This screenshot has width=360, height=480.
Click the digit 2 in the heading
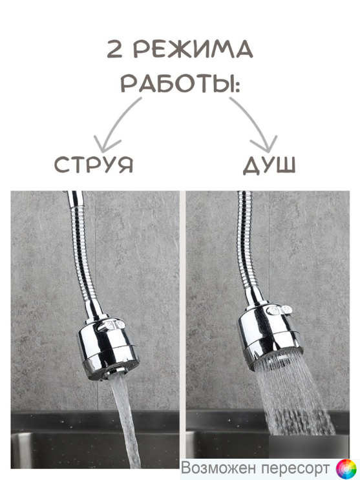pos(114,49)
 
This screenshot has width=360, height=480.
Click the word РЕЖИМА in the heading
pos(194,49)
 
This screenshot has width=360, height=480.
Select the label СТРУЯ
pos(94,165)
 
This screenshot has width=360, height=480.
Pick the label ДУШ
pos(270,165)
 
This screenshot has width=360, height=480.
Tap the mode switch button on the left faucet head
pos(111,326)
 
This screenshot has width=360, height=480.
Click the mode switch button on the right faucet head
pos(279,310)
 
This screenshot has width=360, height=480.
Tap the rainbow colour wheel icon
pos(346,468)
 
